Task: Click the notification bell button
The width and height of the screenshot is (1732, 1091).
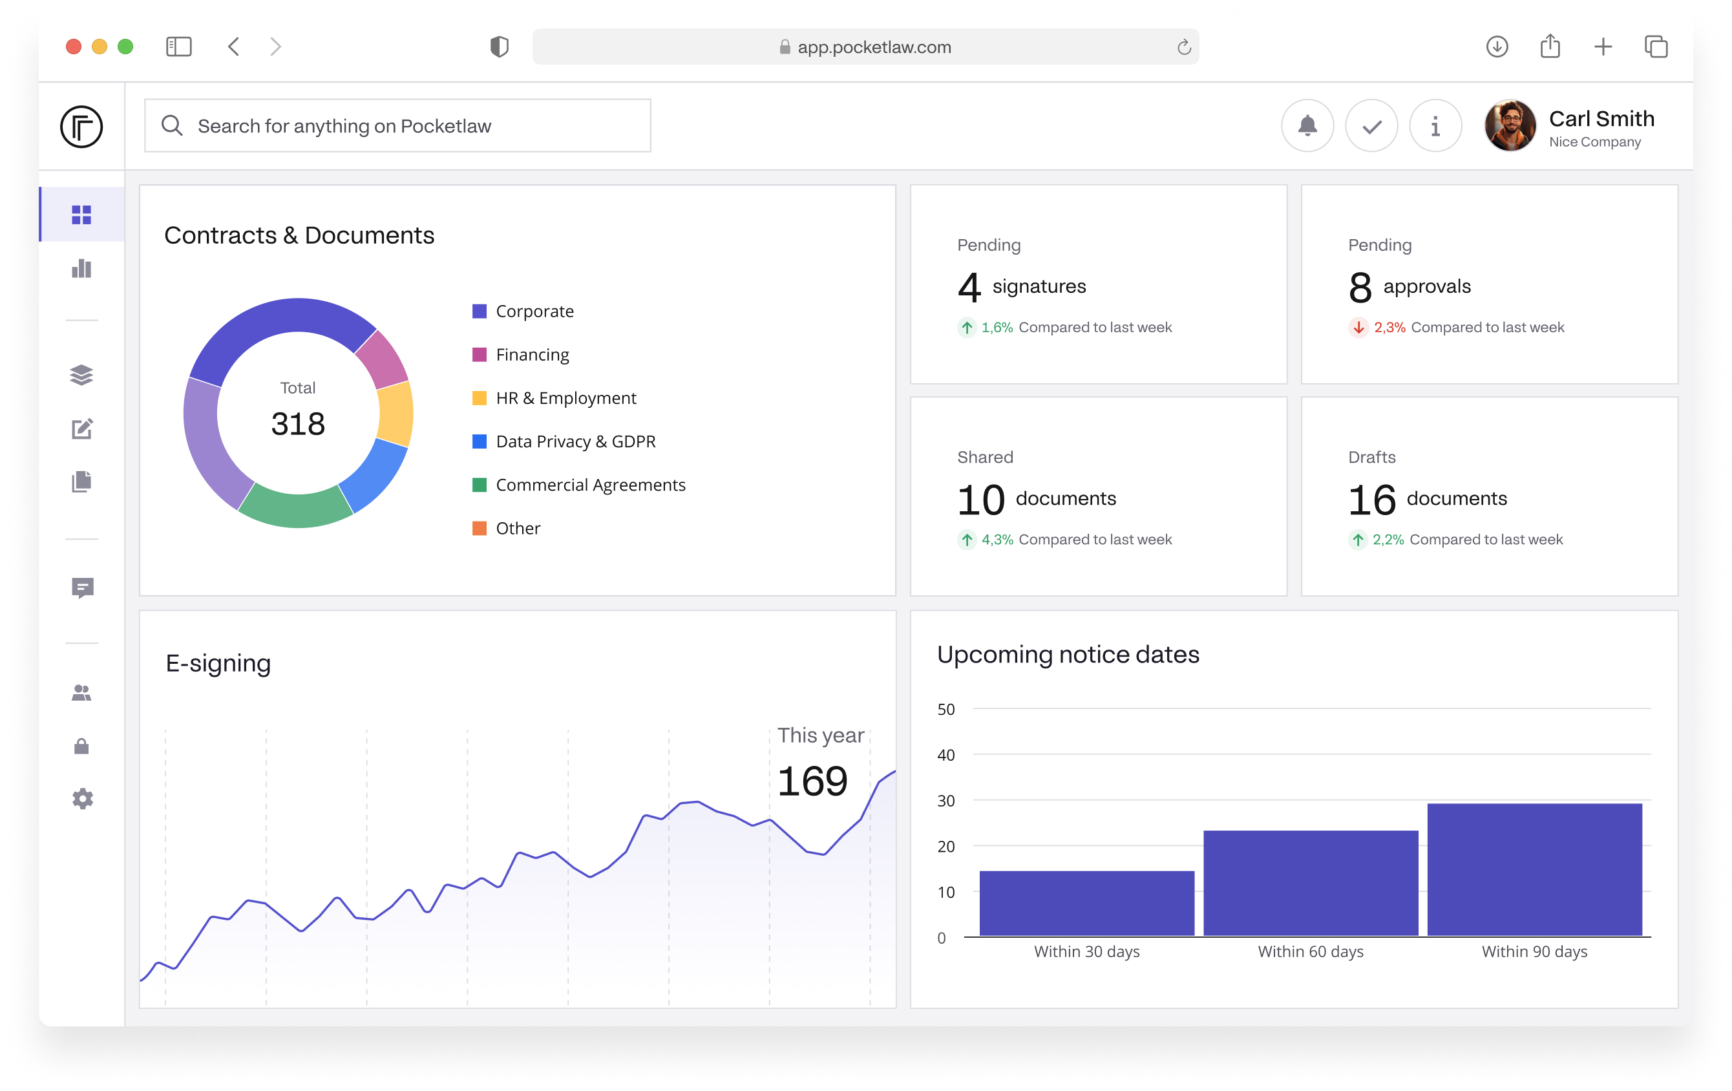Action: click(1307, 126)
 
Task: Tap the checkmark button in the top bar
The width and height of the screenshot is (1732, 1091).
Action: click(1371, 126)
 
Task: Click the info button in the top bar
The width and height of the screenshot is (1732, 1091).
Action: click(1435, 126)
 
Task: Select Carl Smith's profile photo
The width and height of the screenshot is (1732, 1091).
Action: click(1510, 126)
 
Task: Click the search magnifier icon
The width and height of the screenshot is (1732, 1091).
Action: click(172, 126)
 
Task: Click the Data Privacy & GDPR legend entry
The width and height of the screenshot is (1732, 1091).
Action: click(575, 441)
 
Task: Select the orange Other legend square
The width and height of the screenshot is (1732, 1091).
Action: click(479, 528)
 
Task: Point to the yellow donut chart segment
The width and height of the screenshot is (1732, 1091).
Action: click(396, 414)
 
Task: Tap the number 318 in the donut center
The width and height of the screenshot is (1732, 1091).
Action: click(298, 423)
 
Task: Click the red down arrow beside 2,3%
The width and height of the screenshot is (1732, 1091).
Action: click(1358, 327)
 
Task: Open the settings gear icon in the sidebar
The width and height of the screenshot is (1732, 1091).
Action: click(82, 798)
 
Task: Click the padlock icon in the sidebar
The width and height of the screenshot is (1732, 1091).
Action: click(82, 746)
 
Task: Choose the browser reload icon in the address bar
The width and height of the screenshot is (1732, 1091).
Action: click(1184, 47)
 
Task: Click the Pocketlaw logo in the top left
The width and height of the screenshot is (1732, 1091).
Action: click(81, 127)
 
